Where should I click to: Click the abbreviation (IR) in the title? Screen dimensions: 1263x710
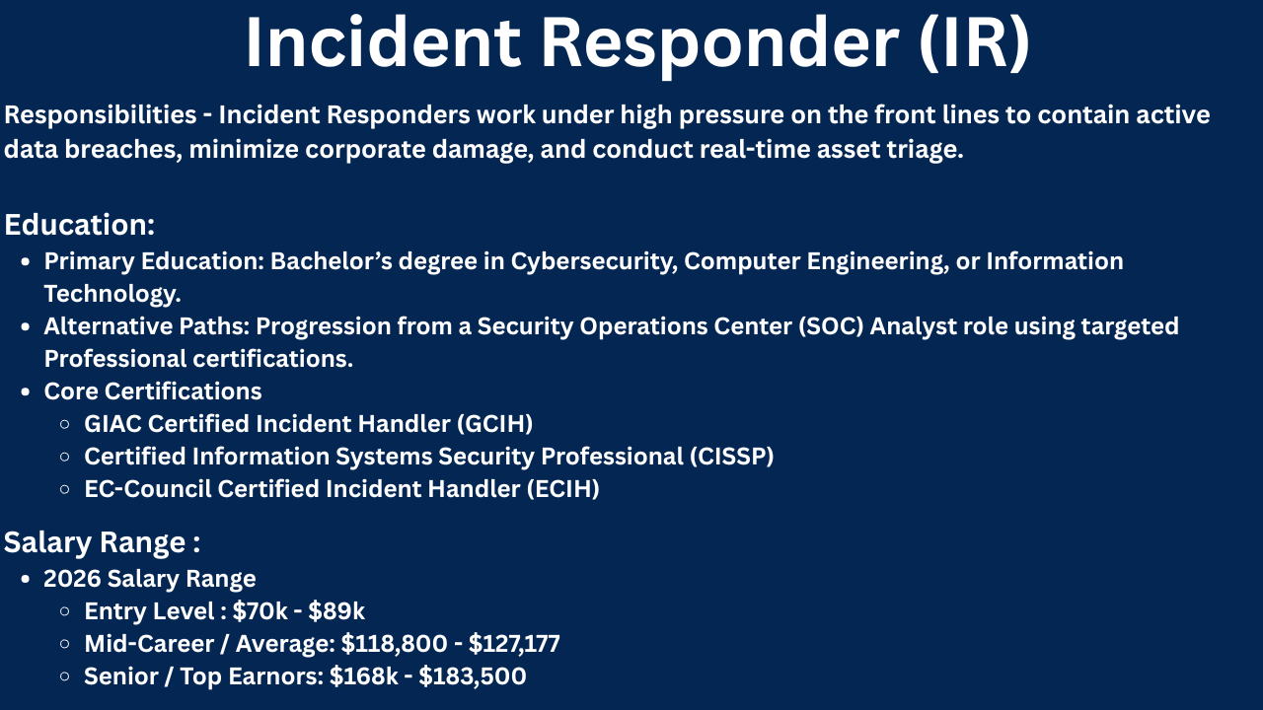click(974, 44)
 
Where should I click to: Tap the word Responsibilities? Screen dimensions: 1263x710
click(101, 115)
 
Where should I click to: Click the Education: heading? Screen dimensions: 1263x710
click(80, 225)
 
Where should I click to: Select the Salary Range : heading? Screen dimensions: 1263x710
click(102, 542)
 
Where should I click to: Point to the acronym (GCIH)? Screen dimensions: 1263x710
click(494, 424)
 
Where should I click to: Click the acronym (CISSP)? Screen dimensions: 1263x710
click(732, 457)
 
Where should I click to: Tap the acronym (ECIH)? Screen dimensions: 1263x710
click(562, 489)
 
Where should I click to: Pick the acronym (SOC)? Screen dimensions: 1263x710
click(831, 326)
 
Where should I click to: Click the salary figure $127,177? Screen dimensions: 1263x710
click(514, 644)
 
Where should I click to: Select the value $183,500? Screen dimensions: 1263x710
click(473, 676)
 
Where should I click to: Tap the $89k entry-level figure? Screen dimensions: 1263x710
click(336, 611)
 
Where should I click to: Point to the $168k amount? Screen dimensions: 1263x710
click(364, 676)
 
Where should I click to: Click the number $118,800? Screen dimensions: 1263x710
click(394, 644)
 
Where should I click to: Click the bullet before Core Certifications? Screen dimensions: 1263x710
click(25, 392)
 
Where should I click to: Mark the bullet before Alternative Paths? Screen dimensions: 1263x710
click(25, 326)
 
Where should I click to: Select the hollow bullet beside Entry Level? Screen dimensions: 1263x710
click(65, 611)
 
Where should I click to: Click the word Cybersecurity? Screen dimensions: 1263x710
click(594, 261)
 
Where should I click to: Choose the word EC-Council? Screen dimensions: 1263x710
click(148, 489)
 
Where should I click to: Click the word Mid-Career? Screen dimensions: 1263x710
click(149, 644)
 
